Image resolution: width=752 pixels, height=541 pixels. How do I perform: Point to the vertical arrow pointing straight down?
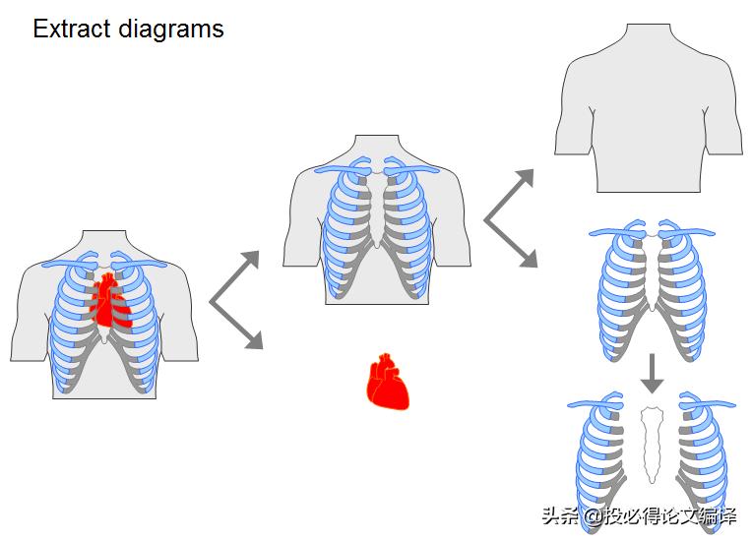pos(652,375)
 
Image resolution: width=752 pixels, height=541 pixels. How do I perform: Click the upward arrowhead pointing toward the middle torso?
pos(250,260)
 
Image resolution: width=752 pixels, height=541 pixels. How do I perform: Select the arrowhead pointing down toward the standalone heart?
pos(253,340)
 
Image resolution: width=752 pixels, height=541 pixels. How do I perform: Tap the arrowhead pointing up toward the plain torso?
pos(525,178)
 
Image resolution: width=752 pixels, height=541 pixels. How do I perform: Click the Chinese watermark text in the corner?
pos(639,516)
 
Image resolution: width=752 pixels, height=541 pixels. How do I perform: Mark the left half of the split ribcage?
pos(603,457)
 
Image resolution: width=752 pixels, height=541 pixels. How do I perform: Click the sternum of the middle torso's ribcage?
pos(376,211)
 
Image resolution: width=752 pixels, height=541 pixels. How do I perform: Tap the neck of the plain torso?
pos(649,39)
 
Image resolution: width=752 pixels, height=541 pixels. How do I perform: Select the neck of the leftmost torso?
pos(104,246)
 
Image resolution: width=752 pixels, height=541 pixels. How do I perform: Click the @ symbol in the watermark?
pos(593,516)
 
